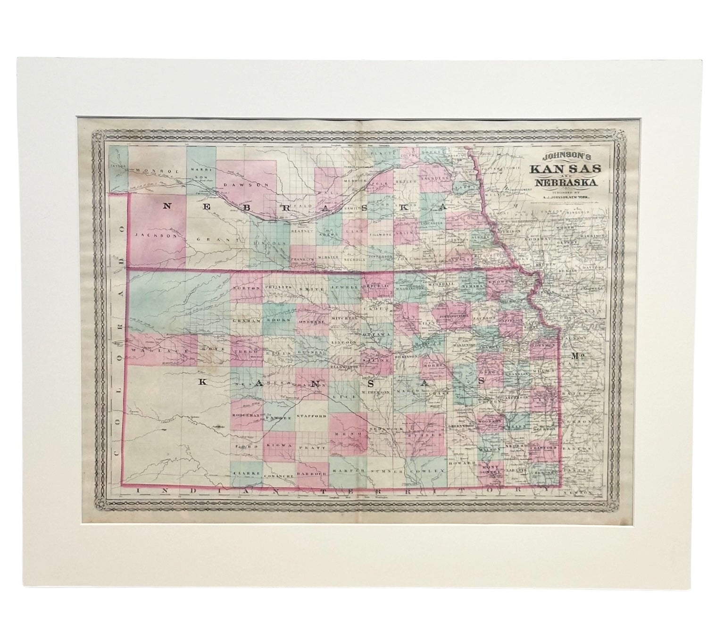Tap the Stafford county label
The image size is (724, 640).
click(x=312, y=416)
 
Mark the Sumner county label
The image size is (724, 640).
click(x=385, y=472)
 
